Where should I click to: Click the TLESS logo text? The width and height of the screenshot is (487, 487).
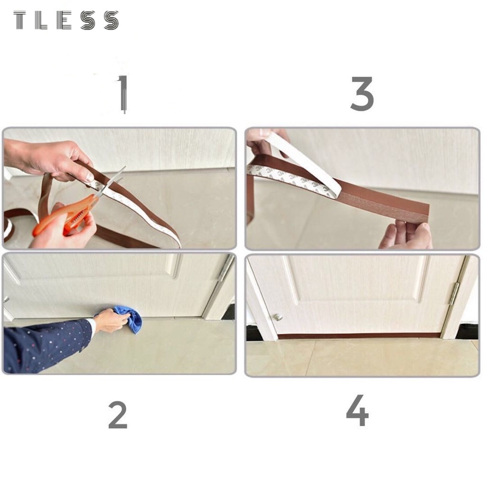tap(66, 20)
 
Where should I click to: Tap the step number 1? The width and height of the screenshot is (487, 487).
tap(123, 93)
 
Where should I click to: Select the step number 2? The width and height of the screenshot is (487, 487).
tap(118, 415)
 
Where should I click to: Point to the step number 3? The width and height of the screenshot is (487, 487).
tap(362, 94)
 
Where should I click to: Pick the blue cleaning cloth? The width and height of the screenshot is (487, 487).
tap(129, 318)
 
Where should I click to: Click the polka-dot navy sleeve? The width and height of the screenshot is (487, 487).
tap(47, 345)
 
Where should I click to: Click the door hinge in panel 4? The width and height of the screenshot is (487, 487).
tap(454, 293)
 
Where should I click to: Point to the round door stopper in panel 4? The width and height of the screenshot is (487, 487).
tap(277, 317)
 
